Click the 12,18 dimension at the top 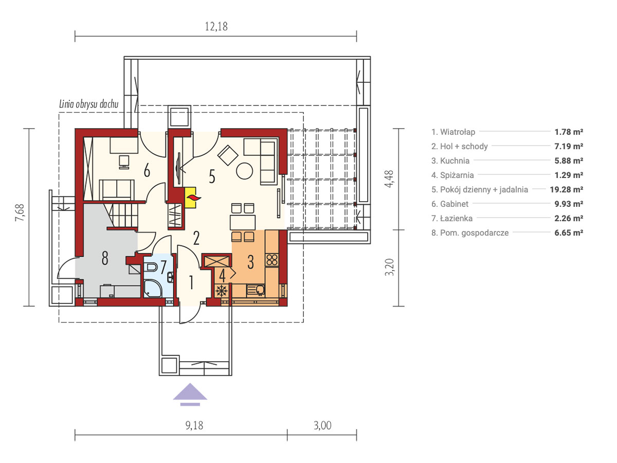tap(216, 26)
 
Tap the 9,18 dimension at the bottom tap(194, 425)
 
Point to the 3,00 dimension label tap(322, 425)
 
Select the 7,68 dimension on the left tap(20, 212)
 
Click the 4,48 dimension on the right tap(389, 179)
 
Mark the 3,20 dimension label tap(389, 267)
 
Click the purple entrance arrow tap(190, 394)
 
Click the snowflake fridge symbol tap(222, 291)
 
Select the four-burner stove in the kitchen tap(272, 260)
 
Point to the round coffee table tap(244, 171)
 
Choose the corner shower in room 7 tap(153, 288)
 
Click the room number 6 tap(147, 171)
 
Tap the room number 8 tap(105, 259)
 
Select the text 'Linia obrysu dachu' tap(88, 104)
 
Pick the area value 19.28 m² tap(567, 189)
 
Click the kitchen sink tap(256, 290)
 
